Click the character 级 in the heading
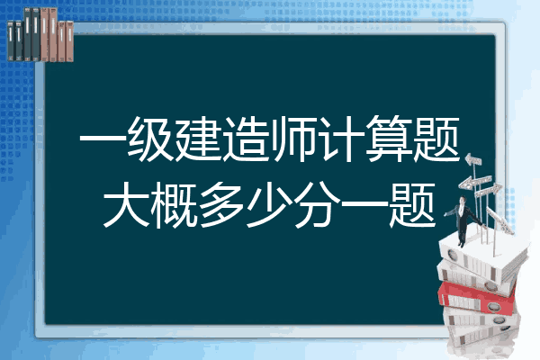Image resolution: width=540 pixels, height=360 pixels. (150, 139)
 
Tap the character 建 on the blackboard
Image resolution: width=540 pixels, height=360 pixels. (198, 139)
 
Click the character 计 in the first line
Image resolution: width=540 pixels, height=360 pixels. (340, 139)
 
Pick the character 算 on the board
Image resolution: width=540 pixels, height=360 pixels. (389, 139)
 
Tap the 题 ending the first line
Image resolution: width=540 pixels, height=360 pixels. (436, 139)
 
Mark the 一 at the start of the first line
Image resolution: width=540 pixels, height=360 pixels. (103, 139)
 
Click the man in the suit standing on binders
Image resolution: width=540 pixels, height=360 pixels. (463, 220)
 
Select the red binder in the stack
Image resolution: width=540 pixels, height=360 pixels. (477, 297)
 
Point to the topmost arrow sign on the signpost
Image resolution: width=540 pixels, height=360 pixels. (473, 160)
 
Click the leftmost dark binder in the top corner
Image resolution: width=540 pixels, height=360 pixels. (11, 40)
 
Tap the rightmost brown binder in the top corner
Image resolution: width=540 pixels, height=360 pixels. (70, 41)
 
